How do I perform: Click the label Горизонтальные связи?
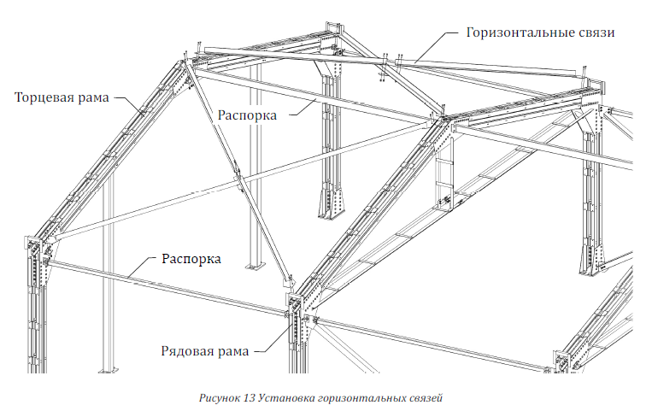pos(540,32)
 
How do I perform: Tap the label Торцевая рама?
pos(62,97)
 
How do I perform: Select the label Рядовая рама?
pos(205,350)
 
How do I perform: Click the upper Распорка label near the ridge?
pos(247,115)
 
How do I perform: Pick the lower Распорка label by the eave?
pos(191,259)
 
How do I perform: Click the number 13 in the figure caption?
pos(249,398)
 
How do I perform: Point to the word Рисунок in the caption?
pos(220,398)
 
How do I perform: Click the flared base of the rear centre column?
pos(331,203)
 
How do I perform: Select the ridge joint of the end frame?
pos(185,63)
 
